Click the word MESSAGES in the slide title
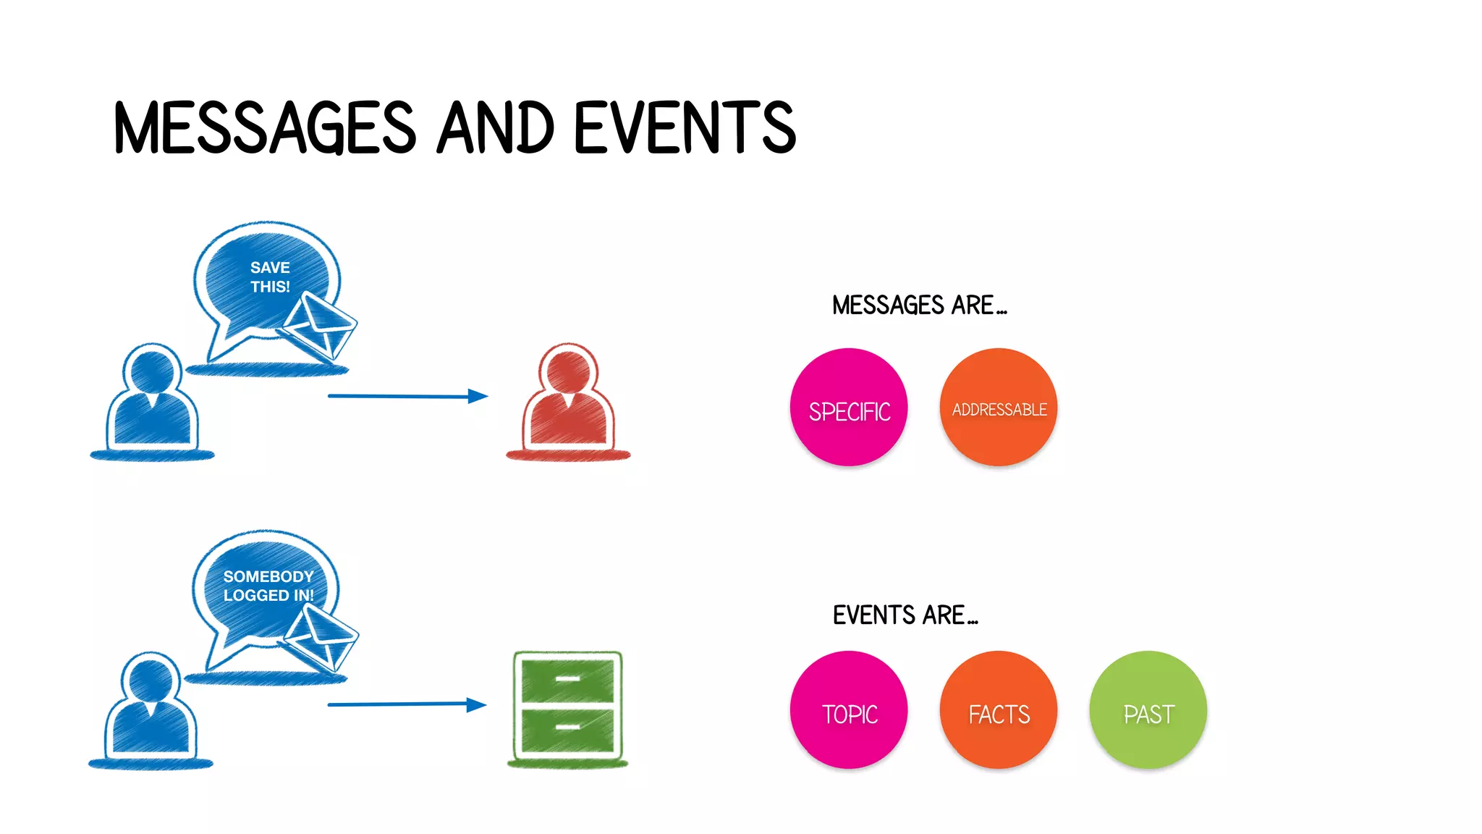(265, 128)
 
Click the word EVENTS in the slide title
(685, 128)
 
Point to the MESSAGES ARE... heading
(918, 306)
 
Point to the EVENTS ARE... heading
(905, 615)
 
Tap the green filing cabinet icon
(568, 707)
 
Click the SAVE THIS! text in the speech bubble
(270, 277)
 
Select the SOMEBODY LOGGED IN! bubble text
(268, 586)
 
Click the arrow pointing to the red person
(407, 396)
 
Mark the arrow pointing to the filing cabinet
(407, 704)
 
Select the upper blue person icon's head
(152, 368)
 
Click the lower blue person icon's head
(151, 677)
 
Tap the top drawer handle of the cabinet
(567, 679)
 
